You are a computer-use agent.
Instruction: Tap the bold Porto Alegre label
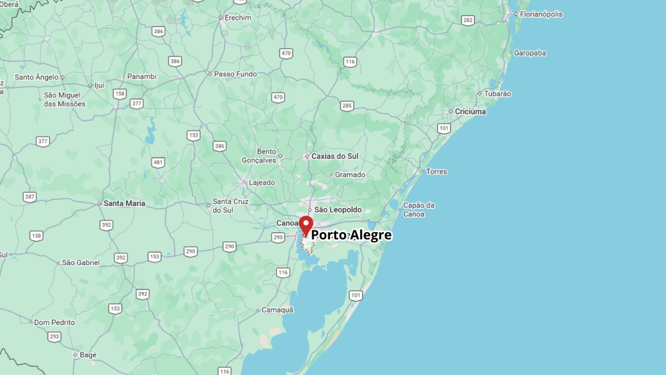tap(351, 235)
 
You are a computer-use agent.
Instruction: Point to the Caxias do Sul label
tap(335, 156)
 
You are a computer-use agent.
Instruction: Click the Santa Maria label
tap(124, 203)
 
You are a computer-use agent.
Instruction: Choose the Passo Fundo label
tap(235, 74)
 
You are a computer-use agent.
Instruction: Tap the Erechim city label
tap(238, 18)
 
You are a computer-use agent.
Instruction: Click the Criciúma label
tap(470, 112)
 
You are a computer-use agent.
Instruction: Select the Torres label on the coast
tap(436, 172)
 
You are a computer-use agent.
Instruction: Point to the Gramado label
tap(350, 175)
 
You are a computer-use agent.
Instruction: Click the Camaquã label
tap(277, 310)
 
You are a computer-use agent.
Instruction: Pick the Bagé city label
tap(88, 355)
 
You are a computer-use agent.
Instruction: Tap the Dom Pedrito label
tap(54, 323)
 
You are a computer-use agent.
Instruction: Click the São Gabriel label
tap(81, 262)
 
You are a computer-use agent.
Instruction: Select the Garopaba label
tap(530, 53)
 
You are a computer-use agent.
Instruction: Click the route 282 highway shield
tap(468, 20)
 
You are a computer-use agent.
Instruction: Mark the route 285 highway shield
tap(347, 106)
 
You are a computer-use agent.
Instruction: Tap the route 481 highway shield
tap(158, 163)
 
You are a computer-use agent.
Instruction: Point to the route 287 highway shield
tap(30, 197)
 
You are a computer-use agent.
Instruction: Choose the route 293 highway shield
tap(54, 337)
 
